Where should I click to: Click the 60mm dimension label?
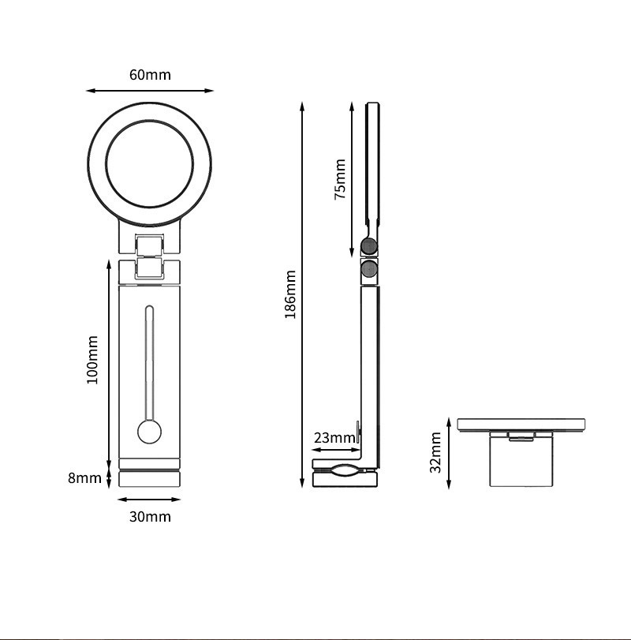[150, 75]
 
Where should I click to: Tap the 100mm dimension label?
[92, 360]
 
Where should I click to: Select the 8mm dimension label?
[84, 477]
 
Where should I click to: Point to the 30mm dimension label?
[150, 517]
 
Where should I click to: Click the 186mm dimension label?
[290, 294]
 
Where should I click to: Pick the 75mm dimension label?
[340, 179]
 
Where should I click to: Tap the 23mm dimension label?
[334, 438]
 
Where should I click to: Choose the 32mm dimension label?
[435, 452]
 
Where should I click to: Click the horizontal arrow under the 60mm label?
[150, 91]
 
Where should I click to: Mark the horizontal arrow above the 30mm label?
[149, 500]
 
